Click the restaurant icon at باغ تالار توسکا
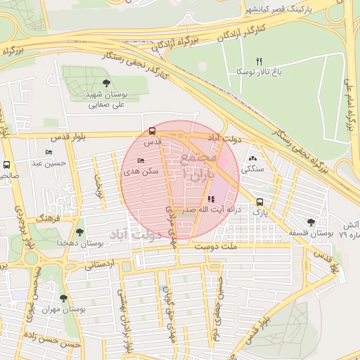point(259,61)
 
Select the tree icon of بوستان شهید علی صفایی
point(106,83)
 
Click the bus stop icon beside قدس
point(152,131)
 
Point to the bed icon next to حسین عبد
point(49,152)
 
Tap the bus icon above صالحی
point(6,165)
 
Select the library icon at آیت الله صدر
point(211,199)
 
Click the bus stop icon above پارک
point(260,200)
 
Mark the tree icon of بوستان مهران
point(63,298)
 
